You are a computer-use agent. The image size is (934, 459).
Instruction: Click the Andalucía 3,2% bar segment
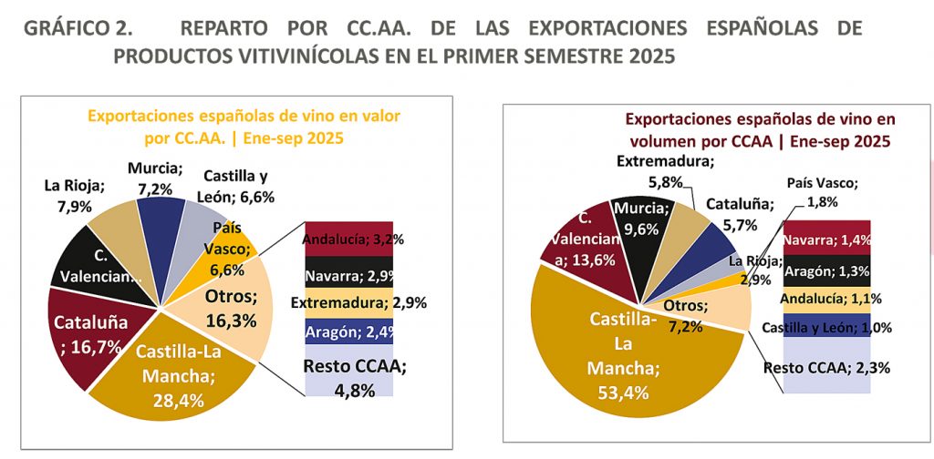coord(348,241)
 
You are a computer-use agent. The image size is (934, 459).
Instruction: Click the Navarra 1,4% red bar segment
coord(826,240)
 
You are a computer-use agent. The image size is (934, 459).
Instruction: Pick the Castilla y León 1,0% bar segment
coord(826,326)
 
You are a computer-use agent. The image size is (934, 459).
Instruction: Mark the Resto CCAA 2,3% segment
coord(826,367)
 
